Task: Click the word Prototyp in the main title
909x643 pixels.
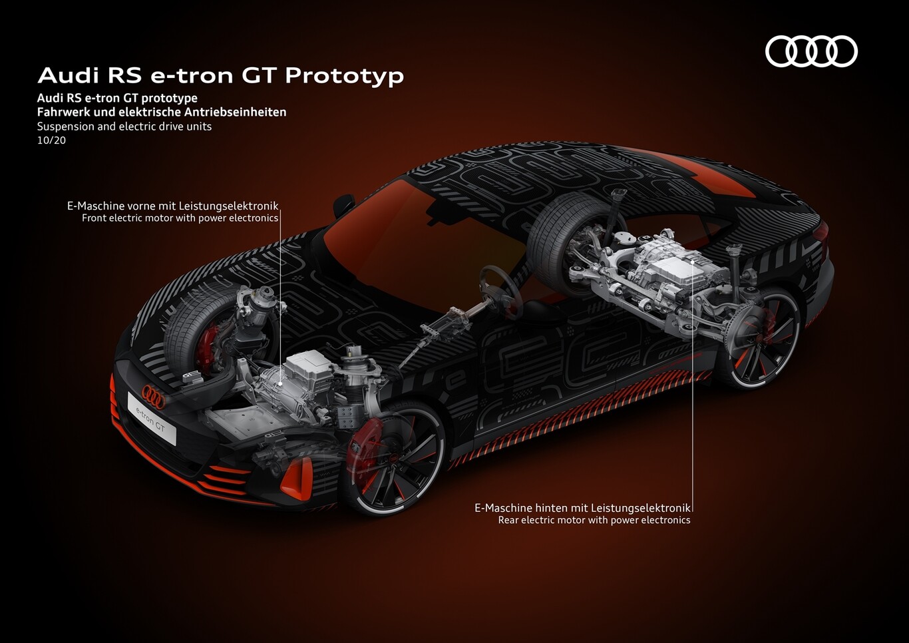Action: [x=345, y=76]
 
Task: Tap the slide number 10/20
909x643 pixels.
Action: [x=51, y=140]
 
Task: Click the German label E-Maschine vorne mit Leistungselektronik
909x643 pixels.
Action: [x=173, y=206]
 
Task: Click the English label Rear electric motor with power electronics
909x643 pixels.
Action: [x=594, y=520]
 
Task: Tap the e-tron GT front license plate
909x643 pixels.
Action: [x=152, y=418]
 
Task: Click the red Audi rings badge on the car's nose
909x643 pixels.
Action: [x=154, y=396]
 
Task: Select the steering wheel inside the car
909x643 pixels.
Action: [x=500, y=291]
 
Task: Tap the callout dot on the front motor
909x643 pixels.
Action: [x=280, y=382]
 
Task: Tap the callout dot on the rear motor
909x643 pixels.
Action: [x=692, y=262]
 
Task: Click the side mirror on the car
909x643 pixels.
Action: [x=343, y=205]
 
